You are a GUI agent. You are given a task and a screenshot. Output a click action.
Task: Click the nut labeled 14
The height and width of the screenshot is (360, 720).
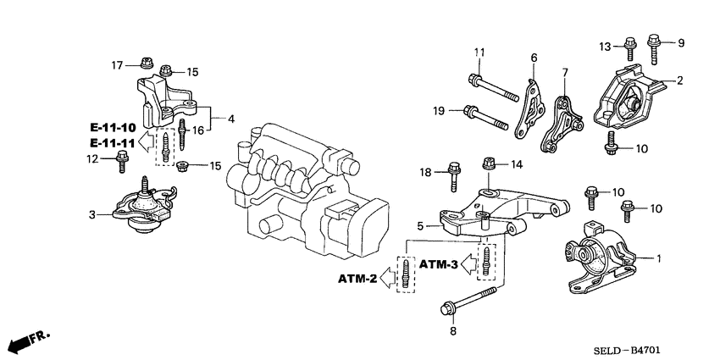click(x=489, y=162)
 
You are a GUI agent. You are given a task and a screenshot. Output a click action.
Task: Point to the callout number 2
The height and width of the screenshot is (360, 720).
click(x=679, y=81)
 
